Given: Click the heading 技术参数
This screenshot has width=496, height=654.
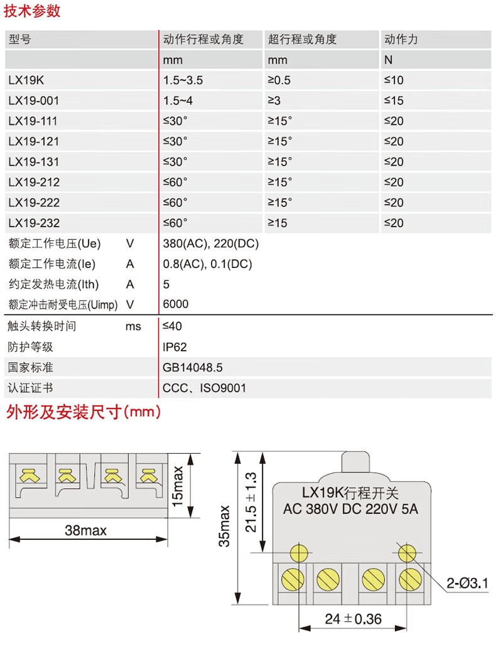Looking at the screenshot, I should (33, 11).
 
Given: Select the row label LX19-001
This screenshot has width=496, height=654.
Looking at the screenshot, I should (34, 100).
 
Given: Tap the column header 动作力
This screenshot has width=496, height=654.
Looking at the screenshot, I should (401, 39).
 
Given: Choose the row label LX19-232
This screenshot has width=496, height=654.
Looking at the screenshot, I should (34, 223).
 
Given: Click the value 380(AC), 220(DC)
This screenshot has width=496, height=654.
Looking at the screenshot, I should (210, 244).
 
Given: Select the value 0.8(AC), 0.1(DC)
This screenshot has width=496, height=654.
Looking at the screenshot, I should (207, 264).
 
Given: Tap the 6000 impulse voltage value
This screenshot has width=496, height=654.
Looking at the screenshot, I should (175, 304).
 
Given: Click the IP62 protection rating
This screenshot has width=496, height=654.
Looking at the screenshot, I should (175, 347).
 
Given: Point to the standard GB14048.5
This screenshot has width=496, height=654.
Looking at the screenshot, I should (193, 368).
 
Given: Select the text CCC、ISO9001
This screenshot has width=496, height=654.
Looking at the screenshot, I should (204, 389).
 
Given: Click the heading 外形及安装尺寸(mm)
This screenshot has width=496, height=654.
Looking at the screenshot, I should (84, 412).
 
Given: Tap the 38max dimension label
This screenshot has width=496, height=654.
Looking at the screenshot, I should (85, 531).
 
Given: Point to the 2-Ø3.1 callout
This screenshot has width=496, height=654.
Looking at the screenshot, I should (467, 584).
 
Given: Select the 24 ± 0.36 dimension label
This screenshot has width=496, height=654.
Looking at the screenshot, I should (353, 619).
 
